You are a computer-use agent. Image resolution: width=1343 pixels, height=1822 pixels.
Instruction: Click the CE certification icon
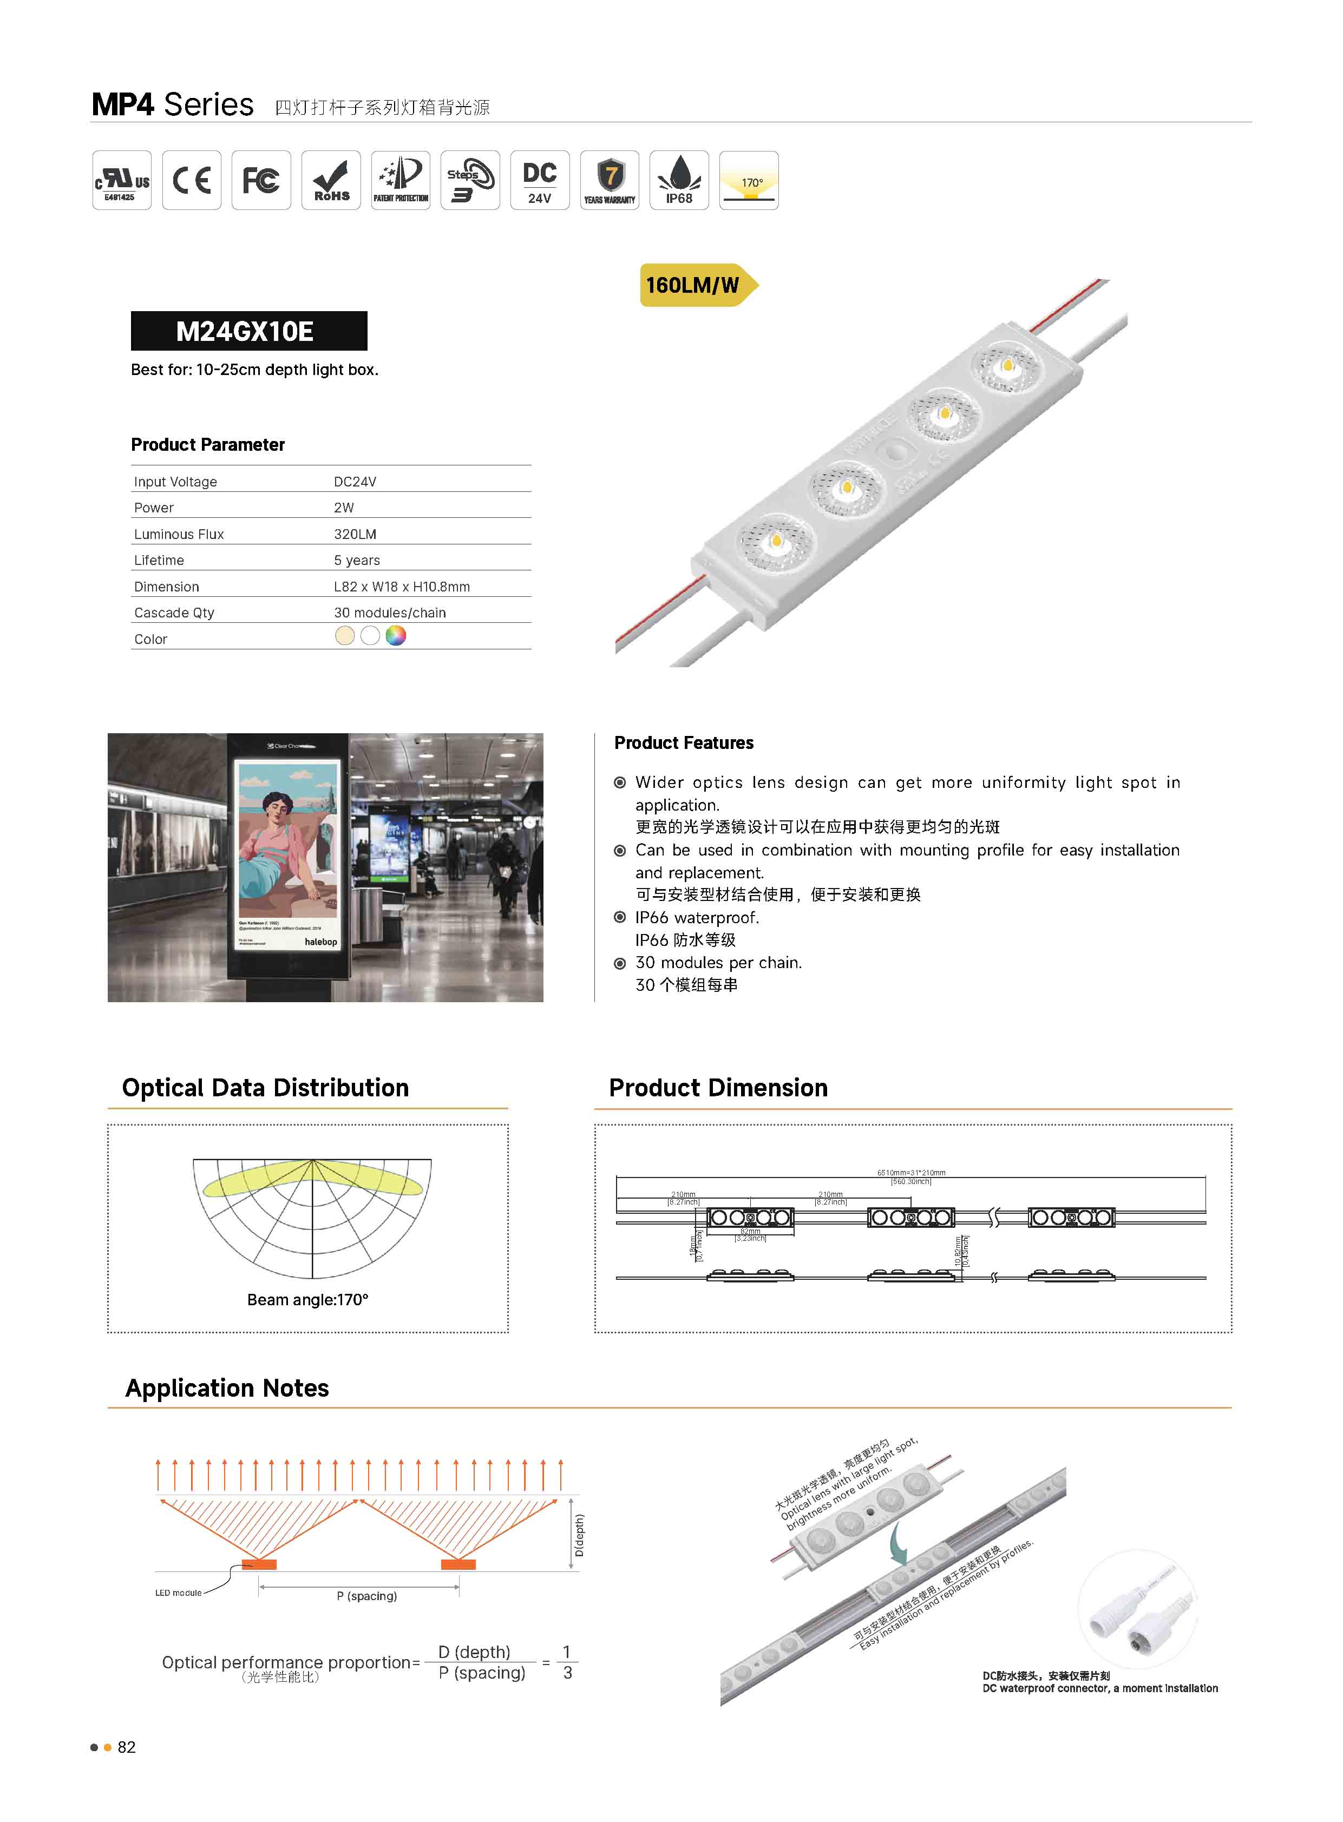click(x=191, y=180)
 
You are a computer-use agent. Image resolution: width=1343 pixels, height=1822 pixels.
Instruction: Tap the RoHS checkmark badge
click(x=331, y=180)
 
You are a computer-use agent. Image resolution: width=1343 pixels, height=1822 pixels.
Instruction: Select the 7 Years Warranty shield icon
click(x=610, y=180)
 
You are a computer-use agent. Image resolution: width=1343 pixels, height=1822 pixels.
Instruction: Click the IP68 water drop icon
click(x=679, y=180)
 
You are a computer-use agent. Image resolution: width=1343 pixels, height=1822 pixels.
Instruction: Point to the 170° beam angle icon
click(x=749, y=180)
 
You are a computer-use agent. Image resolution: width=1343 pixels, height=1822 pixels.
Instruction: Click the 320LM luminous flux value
click(x=355, y=534)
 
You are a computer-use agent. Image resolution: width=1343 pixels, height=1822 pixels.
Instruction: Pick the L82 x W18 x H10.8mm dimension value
click(x=402, y=587)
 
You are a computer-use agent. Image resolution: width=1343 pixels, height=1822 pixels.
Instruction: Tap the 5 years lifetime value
click(x=357, y=560)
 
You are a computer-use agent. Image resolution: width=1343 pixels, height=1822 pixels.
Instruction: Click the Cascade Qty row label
click(x=174, y=613)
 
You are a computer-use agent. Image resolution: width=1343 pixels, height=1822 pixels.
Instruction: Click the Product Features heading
click(x=684, y=743)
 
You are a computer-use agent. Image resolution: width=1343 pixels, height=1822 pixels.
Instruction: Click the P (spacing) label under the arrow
click(x=366, y=1596)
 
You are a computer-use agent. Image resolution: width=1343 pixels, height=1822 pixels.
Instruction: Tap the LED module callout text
click(x=178, y=1593)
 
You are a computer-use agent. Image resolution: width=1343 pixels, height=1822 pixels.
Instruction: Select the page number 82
click(x=127, y=1747)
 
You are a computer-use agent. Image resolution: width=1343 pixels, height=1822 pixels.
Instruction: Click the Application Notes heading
click(x=227, y=1388)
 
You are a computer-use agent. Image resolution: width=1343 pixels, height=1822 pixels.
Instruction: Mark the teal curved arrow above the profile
click(x=897, y=1542)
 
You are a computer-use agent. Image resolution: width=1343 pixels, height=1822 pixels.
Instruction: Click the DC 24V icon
click(x=540, y=180)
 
